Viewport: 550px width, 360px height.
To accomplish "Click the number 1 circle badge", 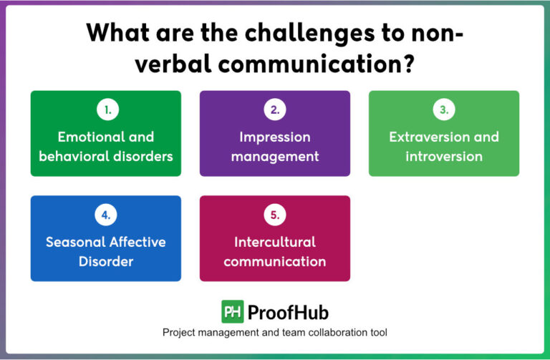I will [106, 110].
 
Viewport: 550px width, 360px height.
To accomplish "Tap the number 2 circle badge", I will [275, 110].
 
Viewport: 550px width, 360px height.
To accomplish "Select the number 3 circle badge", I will [444, 110].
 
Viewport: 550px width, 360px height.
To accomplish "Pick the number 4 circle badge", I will [106, 215].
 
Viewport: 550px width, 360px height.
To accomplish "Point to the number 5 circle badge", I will [275, 215].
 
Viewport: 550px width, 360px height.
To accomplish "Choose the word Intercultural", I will [275, 242].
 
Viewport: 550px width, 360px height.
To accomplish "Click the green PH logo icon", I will [232, 312].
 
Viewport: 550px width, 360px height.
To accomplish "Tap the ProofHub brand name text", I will [288, 312].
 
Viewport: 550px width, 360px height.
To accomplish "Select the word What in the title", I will [117, 34].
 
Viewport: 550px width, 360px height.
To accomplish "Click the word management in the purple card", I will [275, 156].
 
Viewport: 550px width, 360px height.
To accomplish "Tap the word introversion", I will [444, 156].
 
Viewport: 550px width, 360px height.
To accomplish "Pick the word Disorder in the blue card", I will [106, 261].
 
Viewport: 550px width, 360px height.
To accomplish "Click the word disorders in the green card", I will [140, 156].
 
